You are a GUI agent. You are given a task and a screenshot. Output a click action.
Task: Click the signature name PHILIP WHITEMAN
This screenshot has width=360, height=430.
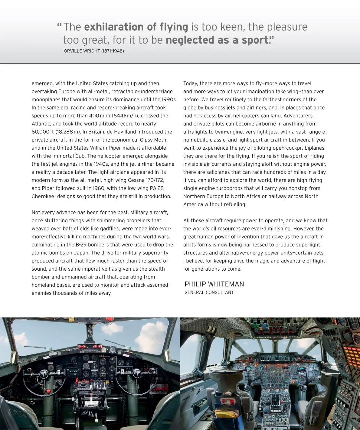point(214,284)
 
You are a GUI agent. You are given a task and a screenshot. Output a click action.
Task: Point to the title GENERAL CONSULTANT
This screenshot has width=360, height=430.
point(209,292)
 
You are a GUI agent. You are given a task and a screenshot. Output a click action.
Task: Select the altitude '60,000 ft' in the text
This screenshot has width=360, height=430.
point(43,132)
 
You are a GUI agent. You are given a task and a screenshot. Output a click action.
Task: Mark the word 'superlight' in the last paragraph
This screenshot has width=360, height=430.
point(306,245)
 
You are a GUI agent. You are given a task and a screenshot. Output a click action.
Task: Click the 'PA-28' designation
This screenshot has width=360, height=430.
point(157,188)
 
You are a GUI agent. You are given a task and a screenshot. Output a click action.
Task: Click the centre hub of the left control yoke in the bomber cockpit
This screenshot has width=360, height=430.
point(44,374)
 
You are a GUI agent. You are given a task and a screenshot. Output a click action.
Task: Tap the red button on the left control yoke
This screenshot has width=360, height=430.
point(48,391)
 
